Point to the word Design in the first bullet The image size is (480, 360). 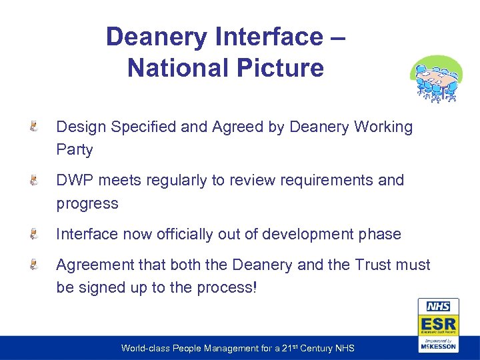click(x=81, y=127)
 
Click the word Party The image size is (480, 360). click(x=75, y=149)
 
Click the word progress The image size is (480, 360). click(x=87, y=203)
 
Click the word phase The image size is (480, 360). click(x=381, y=234)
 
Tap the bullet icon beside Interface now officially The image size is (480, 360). click(x=33, y=234)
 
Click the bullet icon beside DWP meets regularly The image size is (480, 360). click(x=33, y=180)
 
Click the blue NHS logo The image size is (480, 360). click(x=438, y=307)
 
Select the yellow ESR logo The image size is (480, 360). click(x=438, y=325)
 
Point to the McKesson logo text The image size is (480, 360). click(x=438, y=346)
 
